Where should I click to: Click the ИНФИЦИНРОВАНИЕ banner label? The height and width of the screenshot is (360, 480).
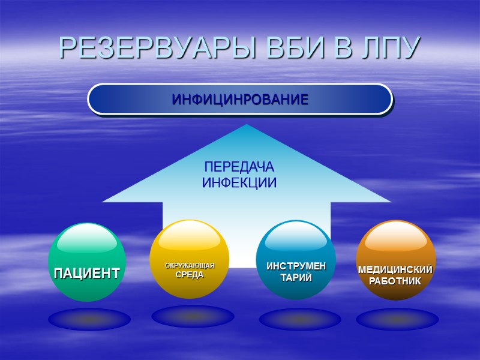[x=240, y=99]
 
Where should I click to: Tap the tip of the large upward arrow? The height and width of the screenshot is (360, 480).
[x=247, y=126]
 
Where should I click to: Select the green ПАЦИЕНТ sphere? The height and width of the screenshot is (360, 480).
[x=87, y=262]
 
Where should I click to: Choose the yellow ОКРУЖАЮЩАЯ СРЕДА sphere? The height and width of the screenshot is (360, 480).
[x=190, y=259]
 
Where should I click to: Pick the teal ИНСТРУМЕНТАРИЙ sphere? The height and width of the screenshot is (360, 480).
[x=296, y=260]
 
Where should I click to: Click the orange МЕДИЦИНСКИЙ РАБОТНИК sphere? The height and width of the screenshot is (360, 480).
[x=395, y=260]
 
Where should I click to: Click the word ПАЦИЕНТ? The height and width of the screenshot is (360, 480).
[x=87, y=274]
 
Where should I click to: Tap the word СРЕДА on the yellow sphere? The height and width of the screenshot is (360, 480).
[x=190, y=275]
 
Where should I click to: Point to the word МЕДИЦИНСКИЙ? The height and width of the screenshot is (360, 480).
[x=395, y=270]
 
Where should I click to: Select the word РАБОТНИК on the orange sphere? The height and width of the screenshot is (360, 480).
[x=395, y=281]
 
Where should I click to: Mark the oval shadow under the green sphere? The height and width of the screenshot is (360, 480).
[x=89, y=319]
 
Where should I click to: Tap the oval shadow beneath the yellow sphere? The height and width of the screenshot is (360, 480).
[x=193, y=316]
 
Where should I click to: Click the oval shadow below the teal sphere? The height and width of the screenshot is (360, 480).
[x=300, y=319]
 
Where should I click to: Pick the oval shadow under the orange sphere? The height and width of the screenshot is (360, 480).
[x=397, y=319]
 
